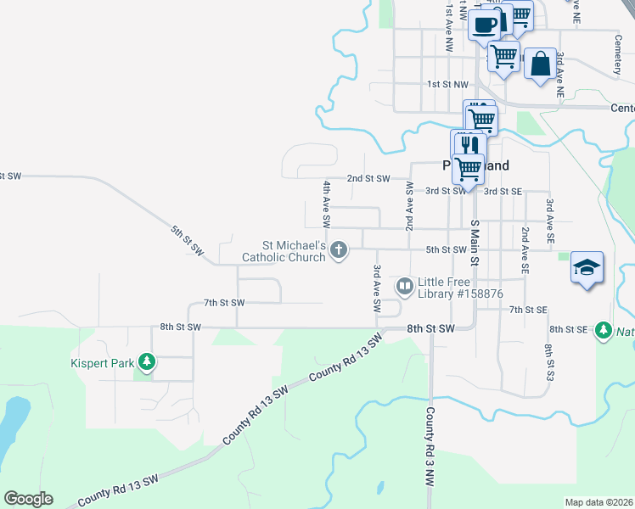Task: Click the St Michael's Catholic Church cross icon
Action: point(339,249)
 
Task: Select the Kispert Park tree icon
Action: point(147,363)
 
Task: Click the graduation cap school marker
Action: point(587,268)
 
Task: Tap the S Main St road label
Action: point(475,243)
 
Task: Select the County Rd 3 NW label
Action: point(430,446)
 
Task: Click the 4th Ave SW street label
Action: point(326,203)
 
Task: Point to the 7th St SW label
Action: point(224,302)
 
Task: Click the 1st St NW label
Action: point(447,85)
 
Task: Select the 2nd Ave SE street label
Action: point(525,250)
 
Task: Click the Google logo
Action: point(28,499)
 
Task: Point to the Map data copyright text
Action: point(598,502)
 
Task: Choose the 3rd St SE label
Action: point(502,191)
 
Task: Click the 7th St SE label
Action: point(528,310)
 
